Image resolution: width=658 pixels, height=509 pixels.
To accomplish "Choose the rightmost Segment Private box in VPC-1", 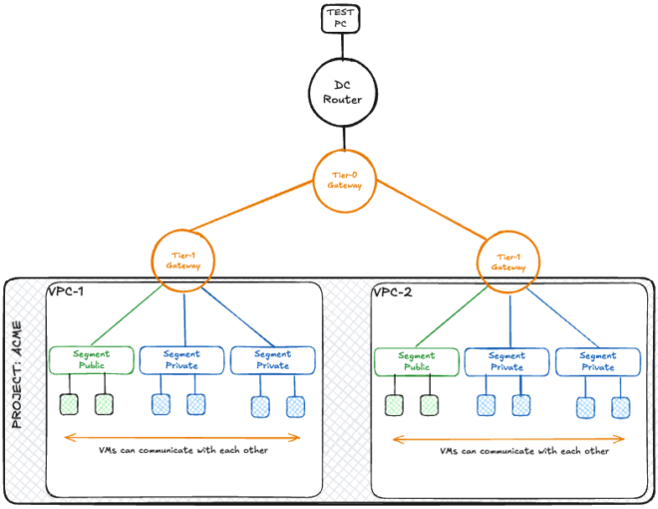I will pyautogui.click(x=272, y=359).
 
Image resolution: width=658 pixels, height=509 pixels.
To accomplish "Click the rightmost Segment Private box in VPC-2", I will pyautogui.click(x=597, y=360).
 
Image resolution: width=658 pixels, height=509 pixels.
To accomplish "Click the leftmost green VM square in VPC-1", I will pyautogui.click(x=68, y=404).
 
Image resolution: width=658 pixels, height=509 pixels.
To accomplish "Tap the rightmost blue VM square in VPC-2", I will pyautogui.click(x=621, y=406).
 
